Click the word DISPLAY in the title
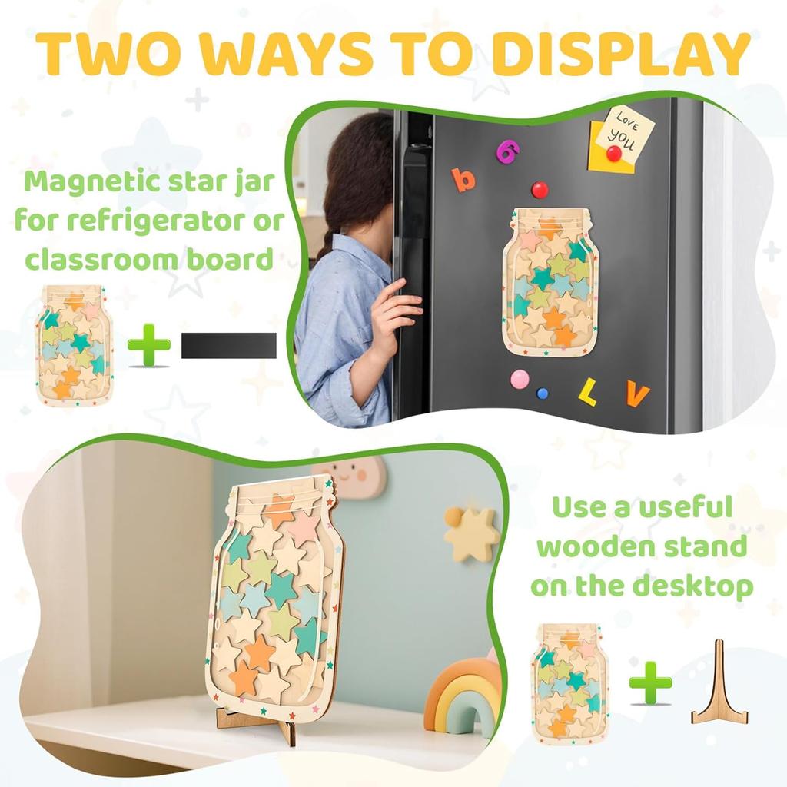(621, 53)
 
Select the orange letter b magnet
(463, 179)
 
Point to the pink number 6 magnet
(507, 151)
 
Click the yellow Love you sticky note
(623, 140)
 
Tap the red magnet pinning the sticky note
(614, 153)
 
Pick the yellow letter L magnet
(587, 392)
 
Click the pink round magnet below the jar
(520, 379)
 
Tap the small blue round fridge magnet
(543, 393)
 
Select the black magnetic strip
(229, 346)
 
